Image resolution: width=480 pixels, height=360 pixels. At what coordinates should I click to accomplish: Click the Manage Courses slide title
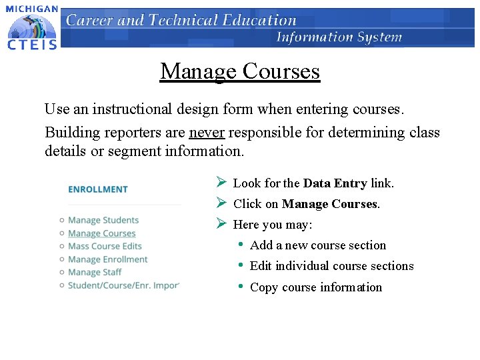pyautogui.click(x=240, y=71)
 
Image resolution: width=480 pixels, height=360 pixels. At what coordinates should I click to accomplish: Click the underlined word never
pyautogui.click(x=207, y=132)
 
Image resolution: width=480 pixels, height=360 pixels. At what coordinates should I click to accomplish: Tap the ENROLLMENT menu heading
pyautogui.click(x=97, y=189)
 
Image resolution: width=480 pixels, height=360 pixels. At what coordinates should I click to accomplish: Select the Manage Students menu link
pyautogui.click(x=103, y=220)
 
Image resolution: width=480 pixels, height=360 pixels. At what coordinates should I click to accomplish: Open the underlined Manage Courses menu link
pyautogui.click(x=101, y=233)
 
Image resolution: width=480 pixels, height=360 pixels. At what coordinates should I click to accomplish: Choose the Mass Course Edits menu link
pyautogui.click(x=105, y=246)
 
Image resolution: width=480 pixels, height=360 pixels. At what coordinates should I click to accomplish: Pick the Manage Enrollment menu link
pyautogui.click(x=107, y=259)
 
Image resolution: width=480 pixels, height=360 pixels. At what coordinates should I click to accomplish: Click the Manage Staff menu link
pyautogui.click(x=95, y=272)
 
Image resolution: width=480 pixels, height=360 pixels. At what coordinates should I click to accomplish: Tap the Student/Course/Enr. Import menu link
pyautogui.click(x=123, y=285)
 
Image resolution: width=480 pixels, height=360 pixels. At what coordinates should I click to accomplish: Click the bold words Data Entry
pyautogui.click(x=335, y=183)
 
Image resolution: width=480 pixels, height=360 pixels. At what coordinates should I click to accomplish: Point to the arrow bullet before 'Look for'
pyautogui.click(x=221, y=183)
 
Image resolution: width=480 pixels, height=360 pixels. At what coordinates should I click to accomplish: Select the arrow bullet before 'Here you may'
pyautogui.click(x=221, y=224)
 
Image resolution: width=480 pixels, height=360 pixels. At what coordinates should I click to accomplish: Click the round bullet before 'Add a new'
pyautogui.click(x=240, y=245)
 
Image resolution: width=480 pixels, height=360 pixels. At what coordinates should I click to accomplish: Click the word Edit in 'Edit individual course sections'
pyautogui.click(x=261, y=266)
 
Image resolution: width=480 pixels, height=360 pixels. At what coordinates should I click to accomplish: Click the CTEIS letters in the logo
pyautogui.click(x=31, y=44)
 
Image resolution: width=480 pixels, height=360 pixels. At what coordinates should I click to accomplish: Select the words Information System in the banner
pyautogui.click(x=339, y=37)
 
